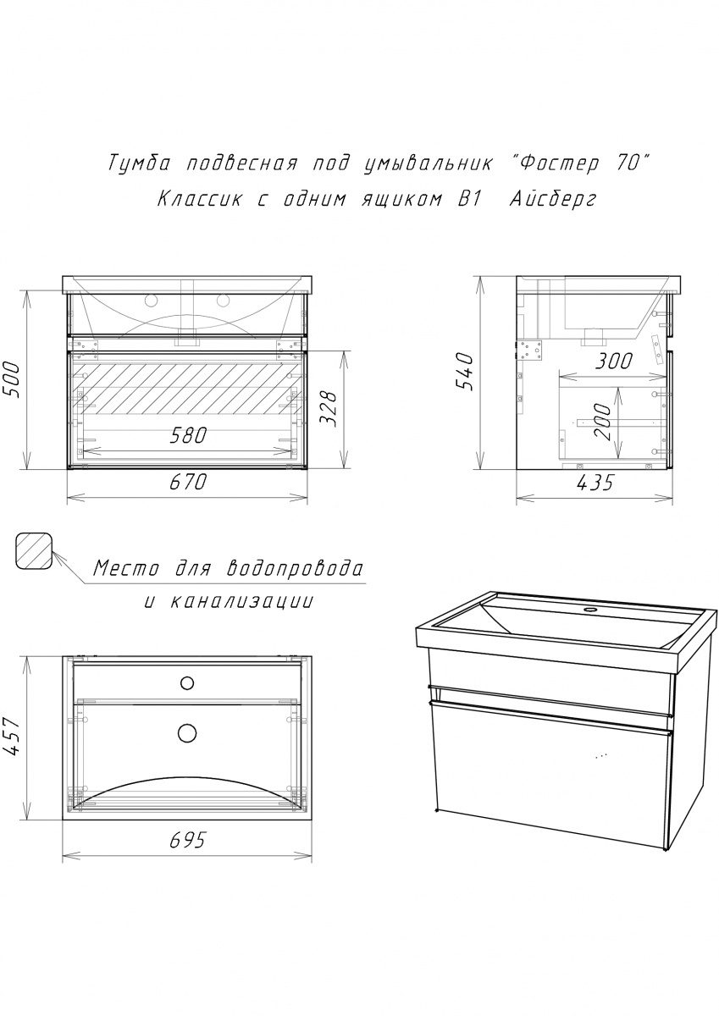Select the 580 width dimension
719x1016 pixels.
click(x=188, y=436)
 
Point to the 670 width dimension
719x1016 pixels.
click(x=188, y=481)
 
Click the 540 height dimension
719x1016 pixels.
click(x=466, y=372)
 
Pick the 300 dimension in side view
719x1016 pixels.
click(x=613, y=362)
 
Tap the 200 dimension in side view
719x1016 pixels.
click(x=603, y=422)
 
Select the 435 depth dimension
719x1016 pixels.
click(x=595, y=483)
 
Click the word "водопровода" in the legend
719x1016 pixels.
click(x=295, y=569)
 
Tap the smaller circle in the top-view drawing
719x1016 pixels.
click(x=187, y=683)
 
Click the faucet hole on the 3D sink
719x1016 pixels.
click(x=590, y=610)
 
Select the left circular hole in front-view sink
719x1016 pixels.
click(x=151, y=300)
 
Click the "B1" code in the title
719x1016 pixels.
click(x=468, y=199)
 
